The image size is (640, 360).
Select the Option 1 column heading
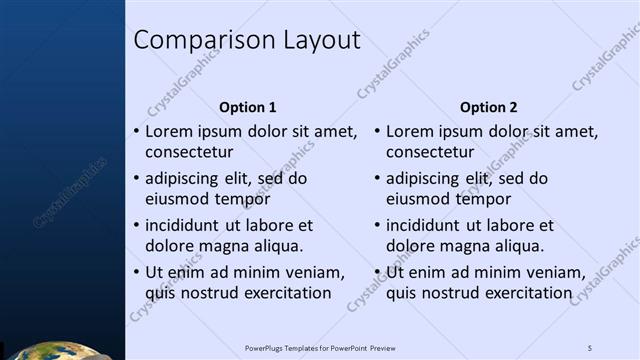point(247,107)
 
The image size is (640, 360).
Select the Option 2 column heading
point(488,107)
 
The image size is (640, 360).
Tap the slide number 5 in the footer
point(590,347)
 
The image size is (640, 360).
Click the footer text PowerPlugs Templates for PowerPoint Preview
point(320,347)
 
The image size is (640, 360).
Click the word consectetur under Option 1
point(189,153)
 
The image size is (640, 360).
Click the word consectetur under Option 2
point(430,153)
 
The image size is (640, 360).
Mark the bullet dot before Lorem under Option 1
point(136,131)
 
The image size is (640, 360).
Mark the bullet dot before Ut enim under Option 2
point(377,272)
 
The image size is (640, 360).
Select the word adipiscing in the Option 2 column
point(423,179)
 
